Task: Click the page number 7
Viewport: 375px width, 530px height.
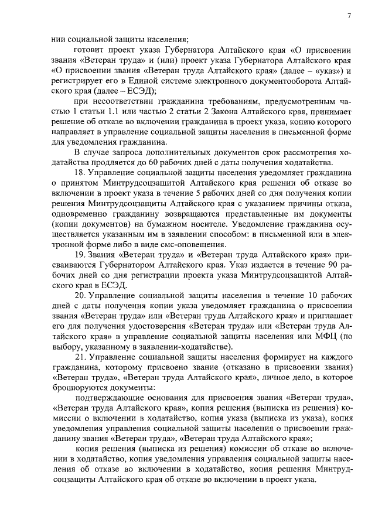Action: pos(349,15)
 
